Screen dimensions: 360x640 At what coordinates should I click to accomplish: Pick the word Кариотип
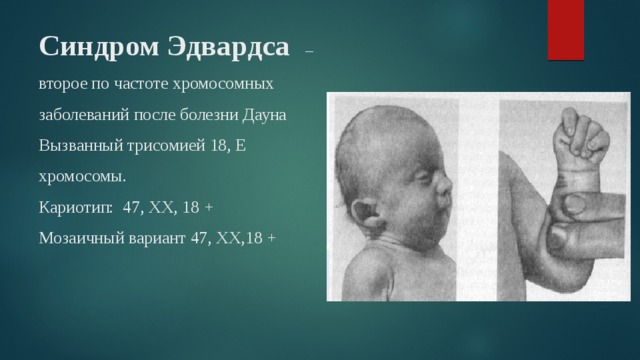tap(74, 207)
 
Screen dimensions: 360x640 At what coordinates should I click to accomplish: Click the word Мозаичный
tap(79, 238)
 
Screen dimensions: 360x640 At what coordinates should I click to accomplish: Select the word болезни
tap(212, 115)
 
